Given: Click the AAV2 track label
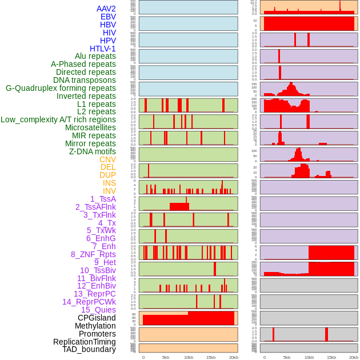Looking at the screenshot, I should [x=106, y=9].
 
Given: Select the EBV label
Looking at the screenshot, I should [x=108, y=17].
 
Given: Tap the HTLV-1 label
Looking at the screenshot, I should [x=103, y=49].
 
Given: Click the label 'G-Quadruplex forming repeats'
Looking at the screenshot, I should [x=61, y=88].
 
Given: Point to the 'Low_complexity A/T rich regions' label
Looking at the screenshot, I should [x=58, y=119].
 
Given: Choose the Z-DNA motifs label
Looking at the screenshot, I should [x=93, y=151].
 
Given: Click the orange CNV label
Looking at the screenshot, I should [x=107, y=159].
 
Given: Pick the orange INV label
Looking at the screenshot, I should [x=109, y=191].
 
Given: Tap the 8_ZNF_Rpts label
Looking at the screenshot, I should [x=93, y=254].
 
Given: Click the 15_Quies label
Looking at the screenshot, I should [x=98, y=310].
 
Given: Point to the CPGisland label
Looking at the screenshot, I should [x=97, y=318].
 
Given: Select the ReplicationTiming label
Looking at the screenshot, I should [x=85, y=342].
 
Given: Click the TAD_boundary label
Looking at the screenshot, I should [x=89, y=349].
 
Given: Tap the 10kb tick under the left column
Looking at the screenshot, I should [x=189, y=357].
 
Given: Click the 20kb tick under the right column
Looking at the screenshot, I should [x=354, y=357].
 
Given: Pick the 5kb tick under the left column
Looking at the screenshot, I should [x=166, y=357].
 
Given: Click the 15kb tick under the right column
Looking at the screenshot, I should [x=331, y=357].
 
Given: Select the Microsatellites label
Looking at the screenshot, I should [x=90, y=127].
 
